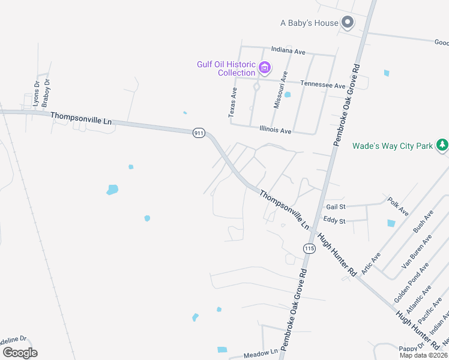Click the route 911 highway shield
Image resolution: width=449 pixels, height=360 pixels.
click(x=199, y=133)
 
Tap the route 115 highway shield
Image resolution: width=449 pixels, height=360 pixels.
click(x=309, y=248)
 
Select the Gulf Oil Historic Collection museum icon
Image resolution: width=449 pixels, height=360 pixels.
click(x=265, y=66)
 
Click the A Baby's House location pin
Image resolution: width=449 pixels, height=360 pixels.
click(x=348, y=23)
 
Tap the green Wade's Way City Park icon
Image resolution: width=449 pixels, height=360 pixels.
click(x=442, y=145)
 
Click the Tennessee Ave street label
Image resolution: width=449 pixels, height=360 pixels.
click(x=323, y=85)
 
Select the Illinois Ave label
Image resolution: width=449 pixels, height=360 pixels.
click(x=276, y=130)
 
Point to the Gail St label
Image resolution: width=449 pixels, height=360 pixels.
click(x=336, y=206)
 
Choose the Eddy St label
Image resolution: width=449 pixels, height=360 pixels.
click(x=334, y=221)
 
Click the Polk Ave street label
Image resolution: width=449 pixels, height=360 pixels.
click(x=398, y=206)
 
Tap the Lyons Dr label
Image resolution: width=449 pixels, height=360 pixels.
click(x=36, y=94)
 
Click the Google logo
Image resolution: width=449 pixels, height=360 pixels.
click(x=20, y=352)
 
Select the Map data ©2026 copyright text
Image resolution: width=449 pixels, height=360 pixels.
click(x=423, y=355)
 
